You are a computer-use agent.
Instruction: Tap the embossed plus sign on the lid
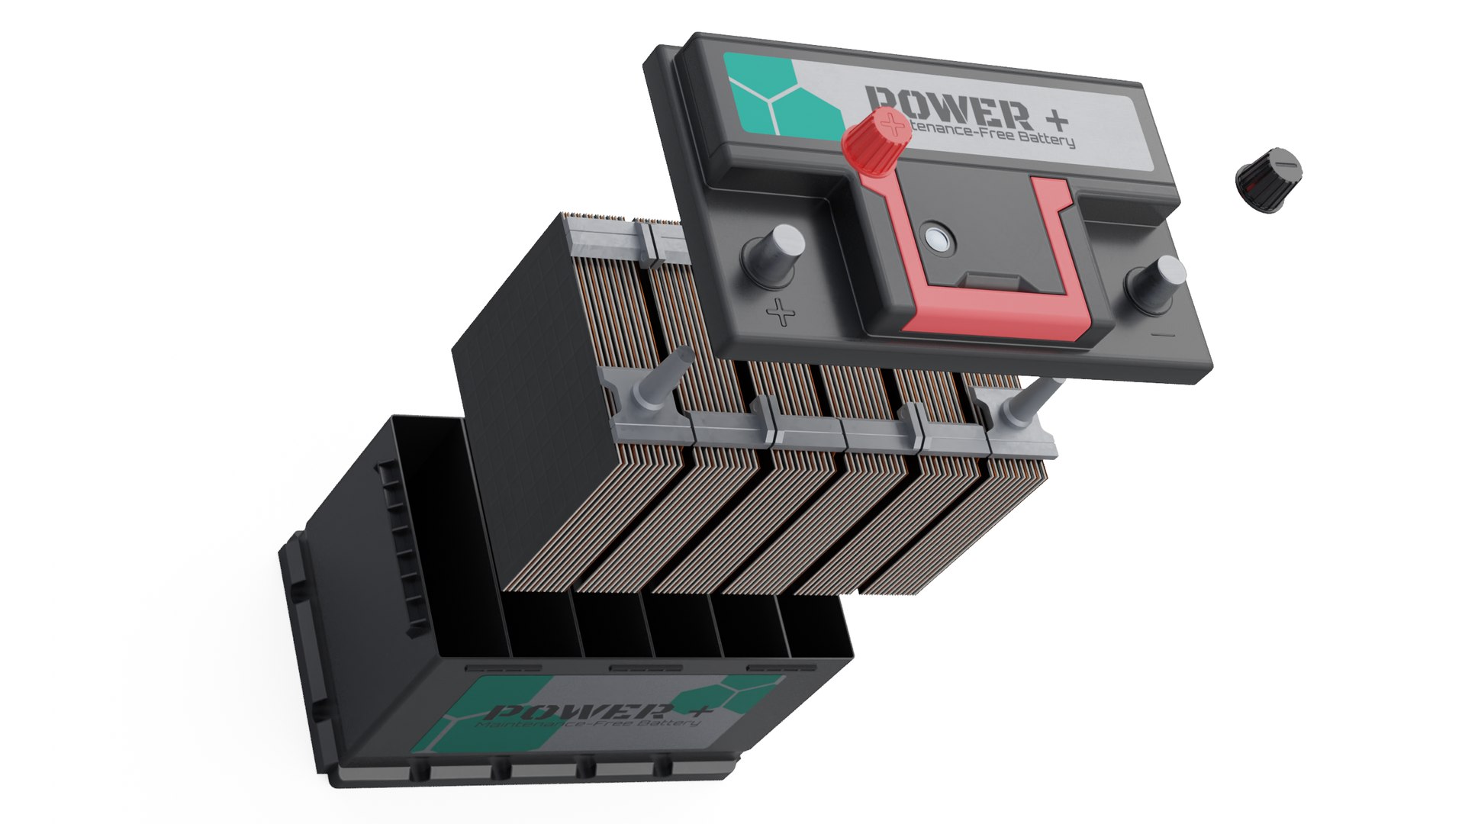click(780, 312)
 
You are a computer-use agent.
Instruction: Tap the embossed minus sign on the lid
click(1163, 334)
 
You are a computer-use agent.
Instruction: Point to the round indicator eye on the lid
click(935, 240)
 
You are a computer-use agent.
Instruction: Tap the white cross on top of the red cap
click(887, 121)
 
